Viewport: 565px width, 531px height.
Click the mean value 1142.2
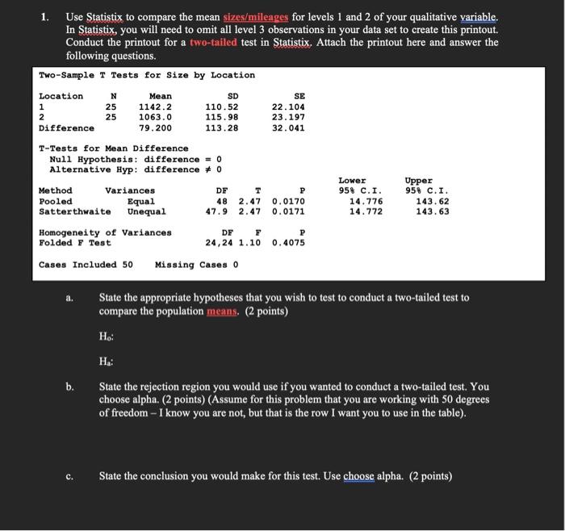coord(155,107)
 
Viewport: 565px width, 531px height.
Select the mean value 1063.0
coord(155,117)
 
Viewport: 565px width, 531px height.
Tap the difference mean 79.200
coord(155,128)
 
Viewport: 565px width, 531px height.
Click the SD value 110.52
coord(222,107)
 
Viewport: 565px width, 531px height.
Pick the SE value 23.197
coord(288,117)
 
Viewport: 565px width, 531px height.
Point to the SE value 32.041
coord(288,128)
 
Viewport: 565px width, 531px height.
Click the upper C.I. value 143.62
coord(433,201)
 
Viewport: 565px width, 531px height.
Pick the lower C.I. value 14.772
coord(355,211)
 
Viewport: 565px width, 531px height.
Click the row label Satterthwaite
coord(75,211)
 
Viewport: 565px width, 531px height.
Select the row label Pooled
coord(56,201)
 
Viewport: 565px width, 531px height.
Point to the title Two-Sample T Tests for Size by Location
coord(147,75)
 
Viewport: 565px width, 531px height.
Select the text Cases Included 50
coord(86,264)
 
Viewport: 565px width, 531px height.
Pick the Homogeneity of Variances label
coord(105,232)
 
